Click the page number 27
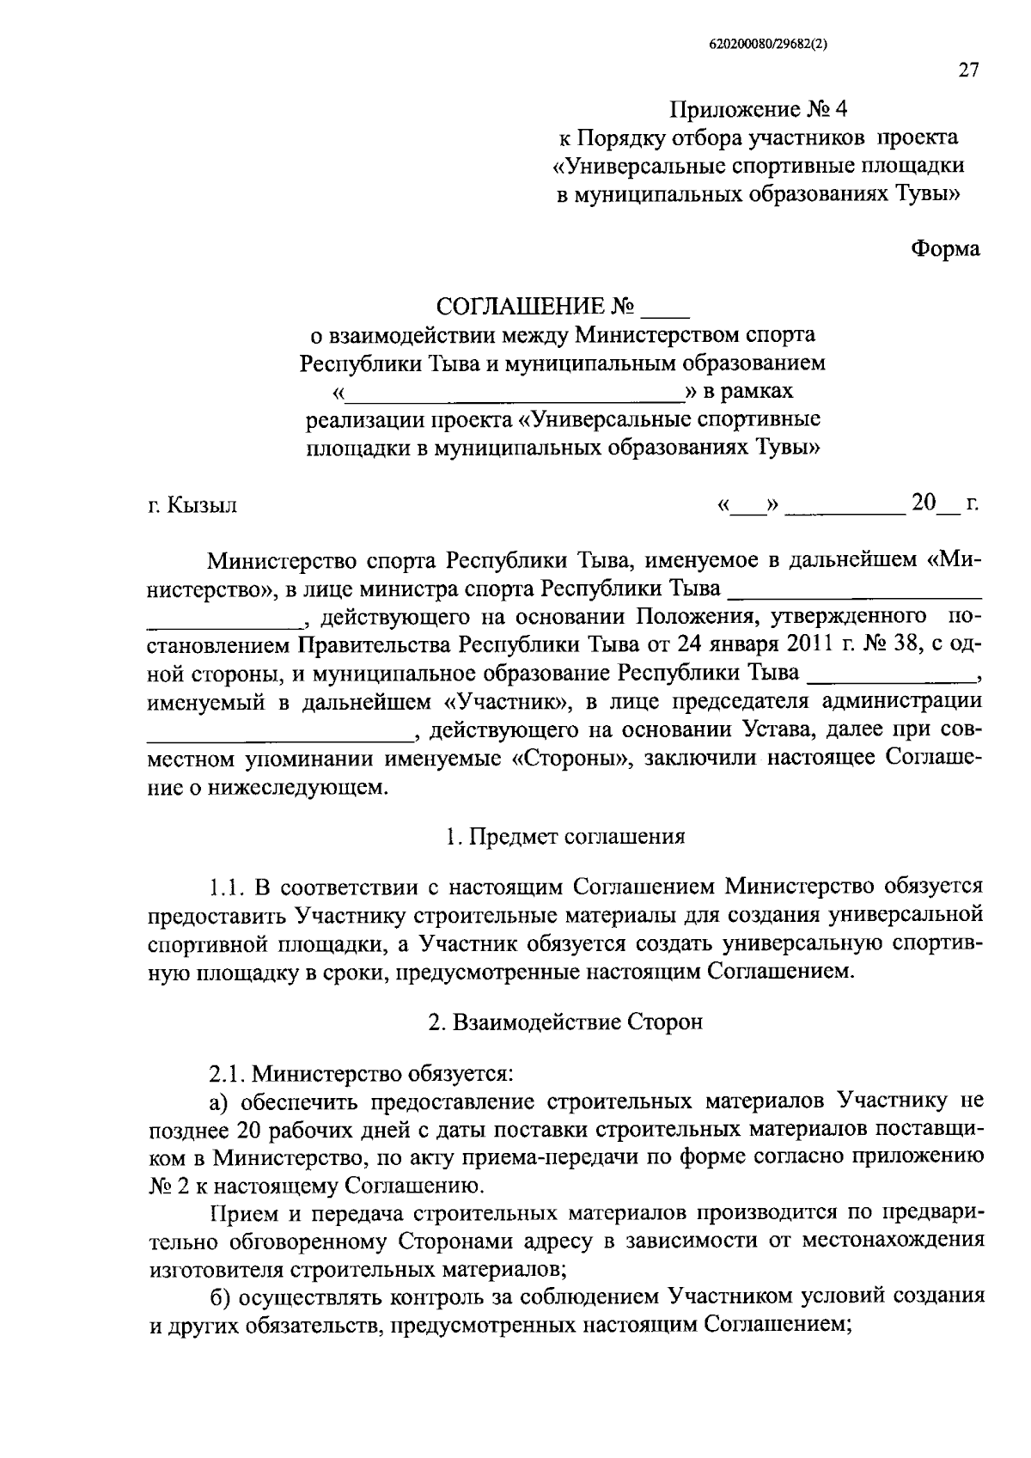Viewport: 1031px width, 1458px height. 967,71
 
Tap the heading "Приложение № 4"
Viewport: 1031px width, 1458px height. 759,110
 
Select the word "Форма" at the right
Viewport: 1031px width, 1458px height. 945,248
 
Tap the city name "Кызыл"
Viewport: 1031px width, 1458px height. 203,505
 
